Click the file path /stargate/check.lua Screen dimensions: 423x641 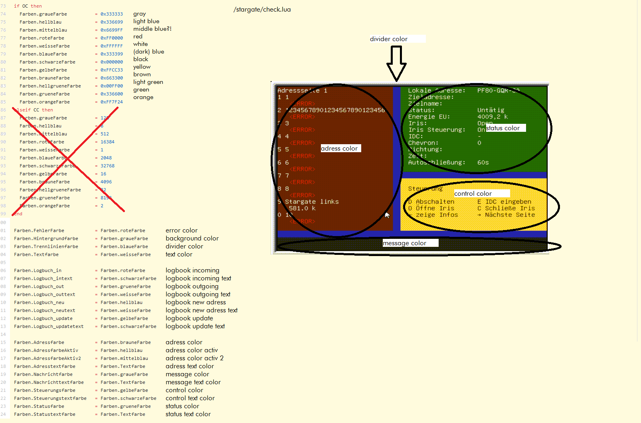pos(262,10)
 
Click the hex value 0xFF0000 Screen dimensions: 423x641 pos(112,38)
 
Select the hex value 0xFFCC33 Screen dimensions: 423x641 pos(112,70)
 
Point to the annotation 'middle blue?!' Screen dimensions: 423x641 pos(152,29)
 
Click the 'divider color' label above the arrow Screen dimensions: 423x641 pos(389,39)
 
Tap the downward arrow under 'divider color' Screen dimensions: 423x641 pos(396,64)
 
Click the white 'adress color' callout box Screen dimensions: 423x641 pos(340,149)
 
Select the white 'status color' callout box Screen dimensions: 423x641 pos(505,128)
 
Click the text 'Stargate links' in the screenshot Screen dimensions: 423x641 pos(312,202)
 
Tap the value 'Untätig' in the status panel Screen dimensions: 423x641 pos(491,110)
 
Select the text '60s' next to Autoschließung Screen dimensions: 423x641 pos(483,163)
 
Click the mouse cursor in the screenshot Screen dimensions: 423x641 pos(387,215)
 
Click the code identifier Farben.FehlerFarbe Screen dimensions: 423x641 pos(39,230)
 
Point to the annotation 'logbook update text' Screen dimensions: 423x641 pos(195,326)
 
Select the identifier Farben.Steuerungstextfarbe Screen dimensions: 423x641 pos(50,398)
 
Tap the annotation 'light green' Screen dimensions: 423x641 pos(148,82)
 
